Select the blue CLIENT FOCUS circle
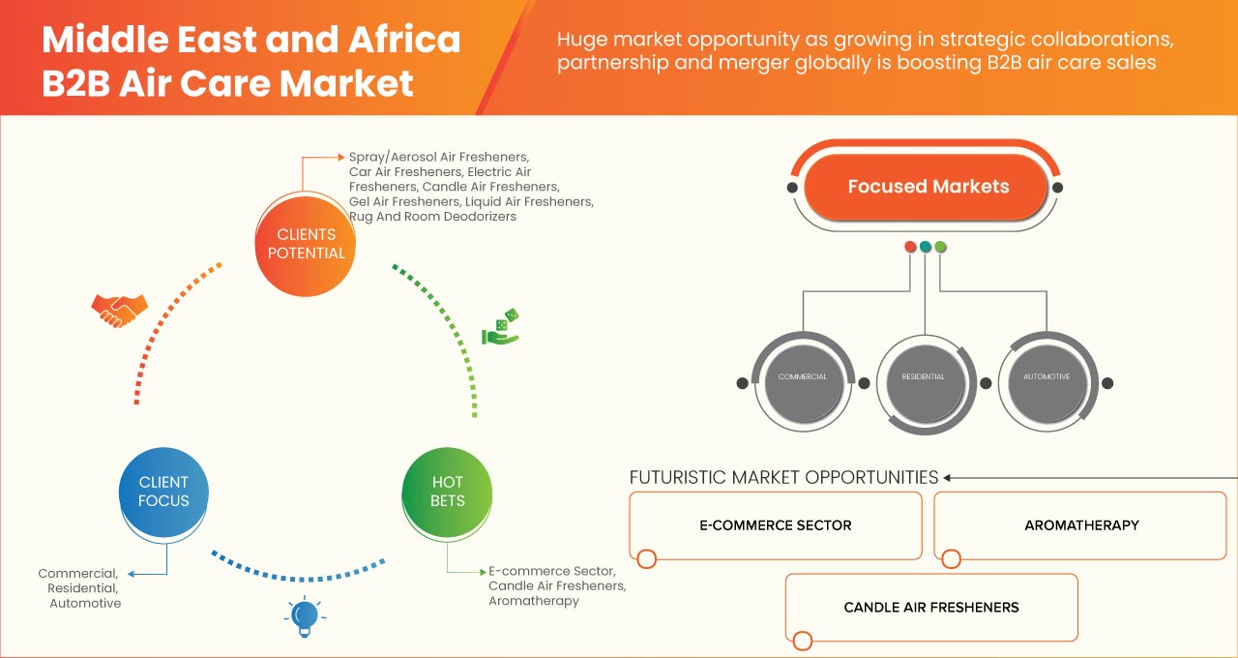(163, 492)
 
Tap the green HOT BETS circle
(448, 492)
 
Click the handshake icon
(119, 309)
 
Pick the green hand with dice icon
(501, 328)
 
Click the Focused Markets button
(928, 187)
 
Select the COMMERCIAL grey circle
(802, 377)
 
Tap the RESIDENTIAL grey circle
(923, 377)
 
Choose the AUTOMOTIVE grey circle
(1046, 377)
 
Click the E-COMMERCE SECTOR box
(775, 525)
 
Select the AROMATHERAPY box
(1080, 525)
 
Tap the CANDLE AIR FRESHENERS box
(930, 608)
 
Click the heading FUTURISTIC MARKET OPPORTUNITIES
(783, 477)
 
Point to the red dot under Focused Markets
(910, 247)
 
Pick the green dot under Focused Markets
(940, 247)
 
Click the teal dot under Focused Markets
(926, 247)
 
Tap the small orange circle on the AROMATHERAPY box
(952, 558)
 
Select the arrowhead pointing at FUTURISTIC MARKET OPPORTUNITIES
(948, 477)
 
